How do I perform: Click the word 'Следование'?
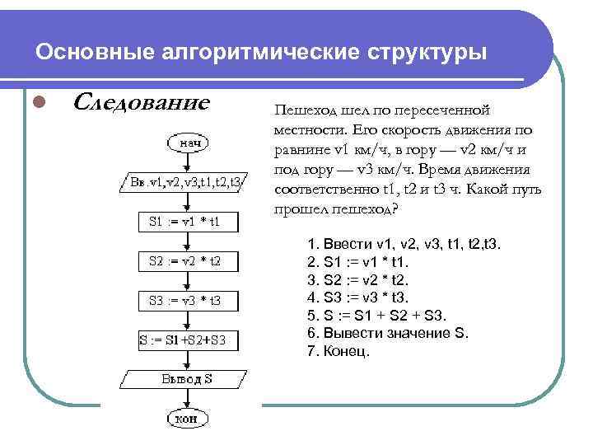click(x=142, y=103)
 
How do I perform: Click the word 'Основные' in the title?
click(x=88, y=53)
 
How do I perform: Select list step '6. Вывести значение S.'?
click(x=387, y=333)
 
